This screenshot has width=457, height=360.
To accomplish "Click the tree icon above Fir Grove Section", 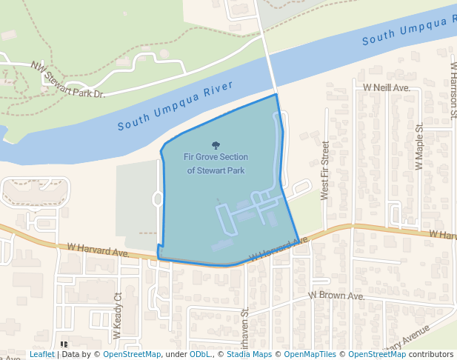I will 216,146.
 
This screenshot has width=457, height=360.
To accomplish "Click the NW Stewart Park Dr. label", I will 79,80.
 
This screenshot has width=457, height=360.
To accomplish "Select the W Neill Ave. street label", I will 386,87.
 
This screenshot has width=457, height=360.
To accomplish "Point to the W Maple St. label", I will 419,147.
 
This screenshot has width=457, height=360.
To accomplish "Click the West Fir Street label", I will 324,170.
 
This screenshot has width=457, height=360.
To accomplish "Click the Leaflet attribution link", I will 41,355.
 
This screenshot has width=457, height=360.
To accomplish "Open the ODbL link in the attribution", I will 199,355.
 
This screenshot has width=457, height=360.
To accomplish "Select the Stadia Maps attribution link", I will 247,355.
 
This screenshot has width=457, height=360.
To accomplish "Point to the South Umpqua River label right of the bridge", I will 410,30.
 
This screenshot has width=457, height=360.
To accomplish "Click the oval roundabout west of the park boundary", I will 158,199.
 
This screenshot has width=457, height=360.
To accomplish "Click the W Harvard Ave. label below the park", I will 278,250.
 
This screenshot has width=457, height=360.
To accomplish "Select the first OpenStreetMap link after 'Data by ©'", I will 132,355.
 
